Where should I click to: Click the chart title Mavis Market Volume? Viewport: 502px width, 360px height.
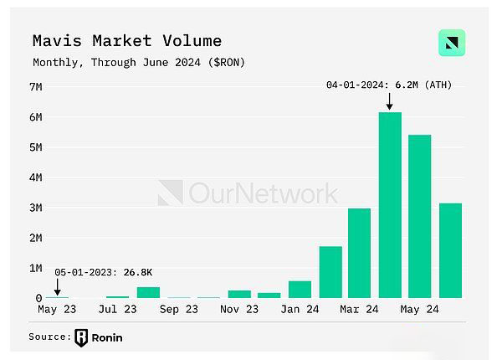click(x=127, y=40)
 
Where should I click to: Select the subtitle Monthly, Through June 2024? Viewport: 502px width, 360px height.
click(x=138, y=62)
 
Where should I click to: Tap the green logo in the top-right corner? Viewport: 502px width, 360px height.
click(x=452, y=43)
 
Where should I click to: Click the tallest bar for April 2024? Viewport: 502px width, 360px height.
click(x=390, y=205)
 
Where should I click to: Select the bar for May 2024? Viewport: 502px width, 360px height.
click(x=420, y=216)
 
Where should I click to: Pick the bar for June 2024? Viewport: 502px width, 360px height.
click(x=450, y=250)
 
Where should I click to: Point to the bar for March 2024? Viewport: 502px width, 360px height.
click(x=360, y=253)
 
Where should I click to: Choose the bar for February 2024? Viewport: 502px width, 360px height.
click(x=330, y=272)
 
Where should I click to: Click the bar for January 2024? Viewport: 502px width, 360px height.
click(x=300, y=289)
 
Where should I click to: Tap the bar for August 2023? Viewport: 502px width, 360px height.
click(x=148, y=292)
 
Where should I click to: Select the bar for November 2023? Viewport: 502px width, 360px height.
click(x=239, y=294)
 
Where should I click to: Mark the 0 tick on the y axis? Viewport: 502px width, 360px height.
click(x=38, y=298)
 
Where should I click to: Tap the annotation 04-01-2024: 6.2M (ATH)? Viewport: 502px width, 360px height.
click(x=389, y=85)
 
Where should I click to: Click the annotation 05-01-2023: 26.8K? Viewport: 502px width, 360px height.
click(x=104, y=273)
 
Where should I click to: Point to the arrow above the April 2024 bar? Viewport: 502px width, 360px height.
click(x=390, y=101)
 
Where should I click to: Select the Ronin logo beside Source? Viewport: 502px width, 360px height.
click(x=81, y=337)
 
